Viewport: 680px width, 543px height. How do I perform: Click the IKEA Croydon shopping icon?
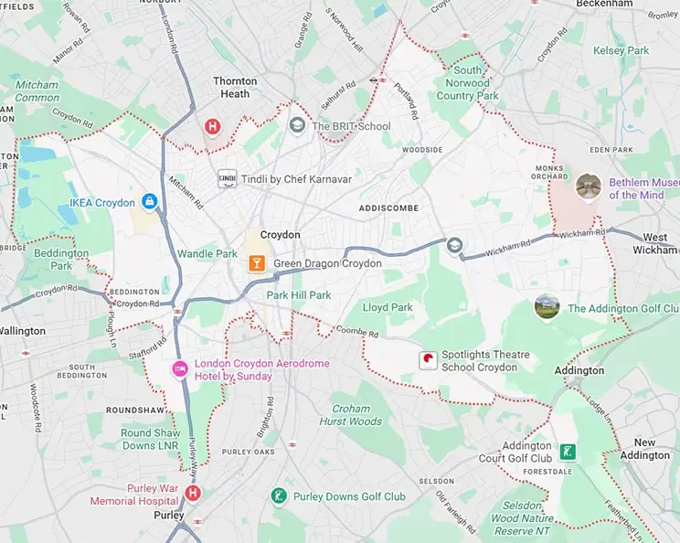pyautogui.click(x=149, y=201)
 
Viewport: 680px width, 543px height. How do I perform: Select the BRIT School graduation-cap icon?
pyautogui.click(x=297, y=125)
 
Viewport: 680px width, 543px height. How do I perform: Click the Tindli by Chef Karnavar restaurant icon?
pyautogui.click(x=226, y=179)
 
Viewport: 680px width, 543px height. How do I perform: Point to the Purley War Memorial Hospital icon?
pyautogui.click(x=193, y=494)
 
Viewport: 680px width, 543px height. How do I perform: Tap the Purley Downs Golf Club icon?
pyautogui.click(x=280, y=496)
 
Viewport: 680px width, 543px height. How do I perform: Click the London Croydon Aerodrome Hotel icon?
pyautogui.click(x=180, y=368)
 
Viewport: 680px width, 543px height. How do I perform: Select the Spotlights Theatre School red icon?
pyautogui.click(x=427, y=360)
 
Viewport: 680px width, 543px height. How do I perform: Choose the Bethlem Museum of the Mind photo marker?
pyautogui.click(x=588, y=186)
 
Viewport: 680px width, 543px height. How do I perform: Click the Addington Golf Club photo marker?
pyautogui.click(x=547, y=306)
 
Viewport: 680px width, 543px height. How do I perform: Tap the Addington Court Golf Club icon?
pyautogui.click(x=568, y=452)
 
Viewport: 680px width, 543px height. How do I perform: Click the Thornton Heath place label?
pyautogui.click(x=235, y=87)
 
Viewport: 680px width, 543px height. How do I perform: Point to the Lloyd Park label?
pyautogui.click(x=389, y=308)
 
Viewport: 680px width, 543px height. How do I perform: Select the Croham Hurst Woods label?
pyautogui.click(x=350, y=415)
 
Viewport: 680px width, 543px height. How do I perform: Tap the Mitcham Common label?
pyautogui.click(x=37, y=91)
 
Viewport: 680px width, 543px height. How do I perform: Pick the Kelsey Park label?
pyautogui.click(x=621, y=51)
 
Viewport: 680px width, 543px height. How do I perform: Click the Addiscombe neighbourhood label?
pyautogui.click(x=389, y=208)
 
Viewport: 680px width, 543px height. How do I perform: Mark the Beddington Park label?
pyautogui.click(x=60, y=259)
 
